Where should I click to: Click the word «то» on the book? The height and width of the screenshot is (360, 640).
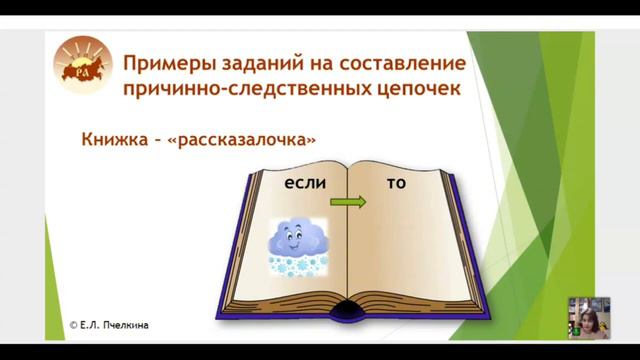(396, 184)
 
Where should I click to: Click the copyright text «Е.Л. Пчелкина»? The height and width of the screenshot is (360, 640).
(119, 325)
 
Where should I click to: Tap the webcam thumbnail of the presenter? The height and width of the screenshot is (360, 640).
(589, 317)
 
